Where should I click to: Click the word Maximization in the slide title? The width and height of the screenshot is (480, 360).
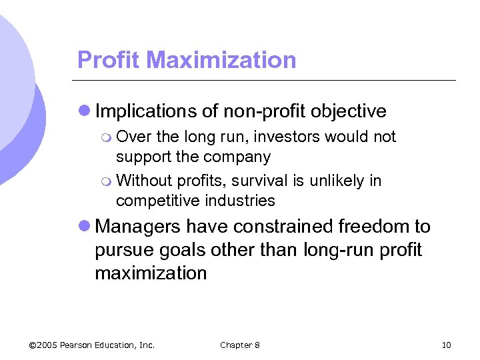(x=221, y=60)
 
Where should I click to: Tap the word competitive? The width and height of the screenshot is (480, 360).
(x=158, y=201)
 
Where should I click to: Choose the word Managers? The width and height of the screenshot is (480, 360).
(x=138, y=227)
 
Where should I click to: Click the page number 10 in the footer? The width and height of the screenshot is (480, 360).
(x=446, y=345)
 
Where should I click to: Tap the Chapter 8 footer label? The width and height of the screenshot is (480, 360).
(x=240, y=345)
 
